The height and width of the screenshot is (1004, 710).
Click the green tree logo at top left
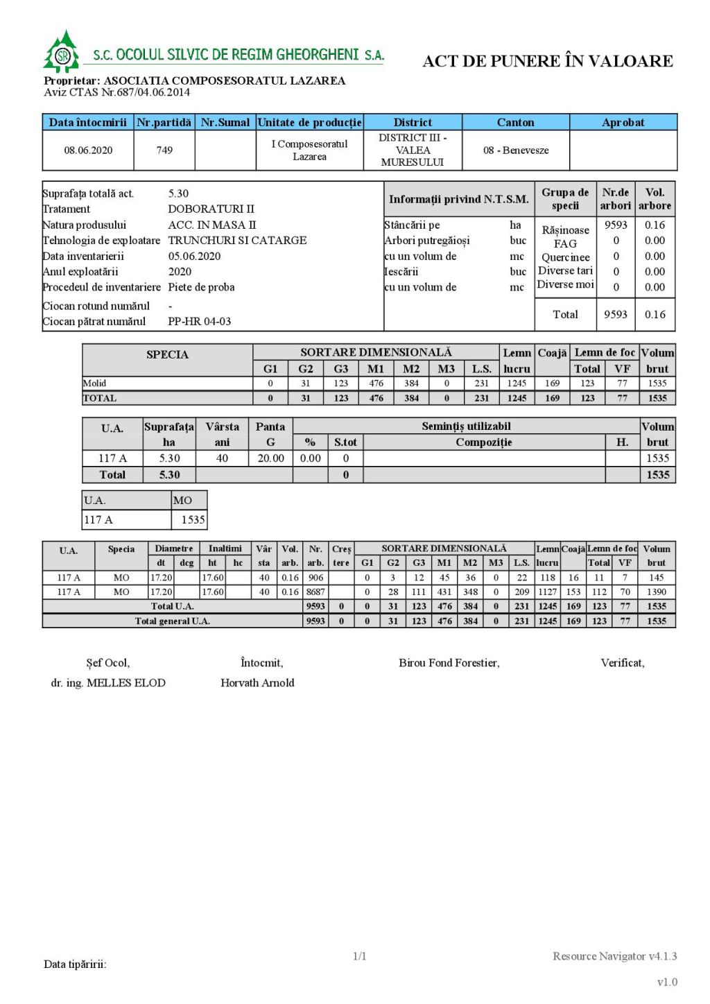(x=62, y=52)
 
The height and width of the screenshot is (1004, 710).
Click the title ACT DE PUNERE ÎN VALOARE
(x=548, y=61)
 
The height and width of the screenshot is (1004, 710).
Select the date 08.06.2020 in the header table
(x=88, y=150)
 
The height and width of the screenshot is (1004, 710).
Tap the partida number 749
(x=164, y=150)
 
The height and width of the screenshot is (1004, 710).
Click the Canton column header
(x=515, y=122)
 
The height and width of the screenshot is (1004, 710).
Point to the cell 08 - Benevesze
(x=516, y=150)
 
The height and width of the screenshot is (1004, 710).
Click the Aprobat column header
(x=623, y=122)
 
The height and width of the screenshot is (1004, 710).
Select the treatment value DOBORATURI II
(x=211, y=209)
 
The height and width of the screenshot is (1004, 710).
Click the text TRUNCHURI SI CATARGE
(x=237, y=240)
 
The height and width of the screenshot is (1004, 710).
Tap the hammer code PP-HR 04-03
(x=200, y=321)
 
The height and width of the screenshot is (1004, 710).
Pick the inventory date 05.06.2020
(x=194, y=256)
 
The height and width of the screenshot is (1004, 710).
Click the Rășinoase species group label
(x=565, y=230)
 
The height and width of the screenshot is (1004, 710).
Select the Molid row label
(x=95, y=383)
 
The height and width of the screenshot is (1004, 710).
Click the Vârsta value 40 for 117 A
(x=222, y=458)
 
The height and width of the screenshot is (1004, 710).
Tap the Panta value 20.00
(x=270, y=458)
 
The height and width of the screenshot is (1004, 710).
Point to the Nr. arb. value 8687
(x=315, y=591)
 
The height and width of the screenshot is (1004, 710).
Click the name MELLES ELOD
(x=125, y=682)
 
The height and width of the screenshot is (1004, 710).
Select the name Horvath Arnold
(x=257, y=682)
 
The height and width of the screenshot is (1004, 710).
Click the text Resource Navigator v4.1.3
(x=614, y=956)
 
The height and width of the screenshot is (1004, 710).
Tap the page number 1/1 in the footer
(x=359, y=956)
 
